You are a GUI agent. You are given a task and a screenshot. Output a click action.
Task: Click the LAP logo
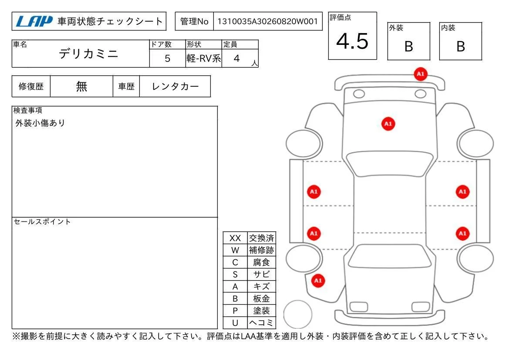point(34,21)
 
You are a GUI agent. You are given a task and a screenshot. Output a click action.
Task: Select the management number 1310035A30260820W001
point(267,21)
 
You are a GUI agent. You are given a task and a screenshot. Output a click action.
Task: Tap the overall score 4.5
point(352,41)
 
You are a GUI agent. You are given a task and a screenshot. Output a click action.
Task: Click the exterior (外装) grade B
point(409,47)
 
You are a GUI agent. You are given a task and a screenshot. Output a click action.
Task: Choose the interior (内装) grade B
point(461,47)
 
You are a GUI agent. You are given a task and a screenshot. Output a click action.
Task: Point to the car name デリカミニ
point(88,54)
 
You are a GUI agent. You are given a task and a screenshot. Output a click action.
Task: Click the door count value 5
point(167,58)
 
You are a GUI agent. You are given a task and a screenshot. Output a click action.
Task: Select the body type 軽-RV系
point(203,58)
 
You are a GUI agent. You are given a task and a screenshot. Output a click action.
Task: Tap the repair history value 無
point(81,86)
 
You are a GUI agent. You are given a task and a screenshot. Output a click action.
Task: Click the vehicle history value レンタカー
point(175,86)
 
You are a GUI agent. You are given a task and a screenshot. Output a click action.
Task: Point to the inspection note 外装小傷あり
point(40,123)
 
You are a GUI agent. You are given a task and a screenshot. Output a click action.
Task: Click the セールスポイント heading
point(42,221)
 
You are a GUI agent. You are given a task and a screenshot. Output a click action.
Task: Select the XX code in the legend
point(235,238)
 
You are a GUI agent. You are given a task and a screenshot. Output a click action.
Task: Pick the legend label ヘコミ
point(261,323)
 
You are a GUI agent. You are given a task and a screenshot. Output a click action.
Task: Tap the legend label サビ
point(261,275)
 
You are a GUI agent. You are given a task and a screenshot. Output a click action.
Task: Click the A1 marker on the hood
point(388,124)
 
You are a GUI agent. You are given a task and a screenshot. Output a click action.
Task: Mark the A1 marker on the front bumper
point(420,74)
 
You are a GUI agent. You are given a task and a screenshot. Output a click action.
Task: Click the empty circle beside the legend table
point(298,314)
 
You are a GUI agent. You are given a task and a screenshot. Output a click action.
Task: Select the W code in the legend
point(235,250)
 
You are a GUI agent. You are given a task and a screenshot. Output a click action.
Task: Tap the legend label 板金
point(261,299)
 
